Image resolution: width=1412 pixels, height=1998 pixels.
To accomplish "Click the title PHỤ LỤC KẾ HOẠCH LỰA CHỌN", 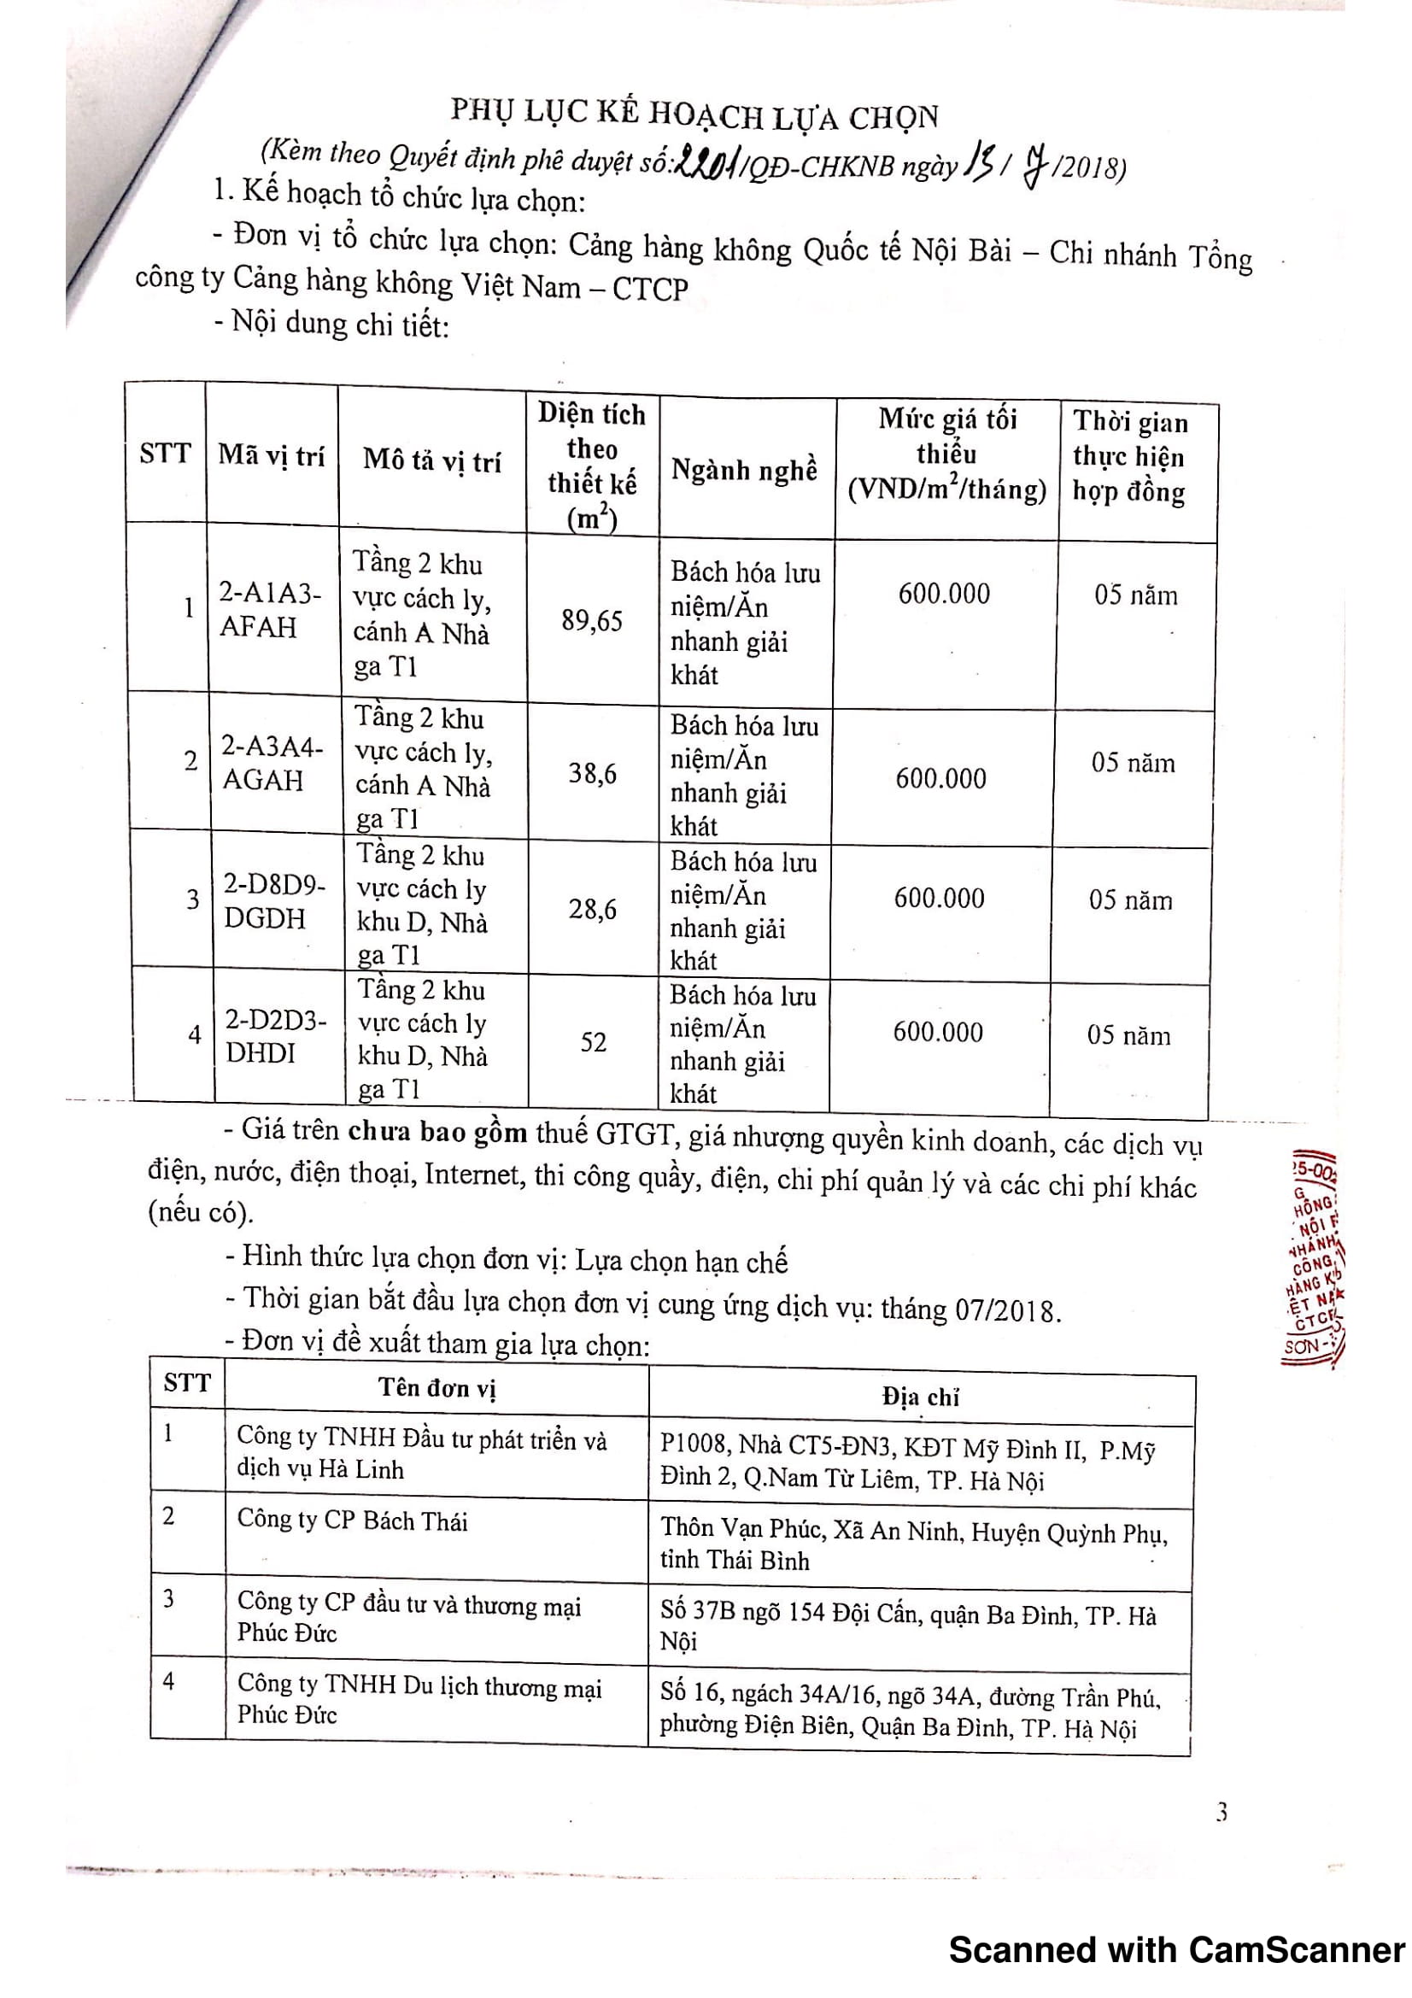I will (x=695, y=114).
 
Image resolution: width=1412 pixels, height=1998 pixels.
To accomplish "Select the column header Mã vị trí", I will (x=272, y=454).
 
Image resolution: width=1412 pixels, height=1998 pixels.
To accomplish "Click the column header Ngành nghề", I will (x=744, y=470).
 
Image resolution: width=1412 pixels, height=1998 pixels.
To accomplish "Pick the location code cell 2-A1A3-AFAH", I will (x=270, y=610).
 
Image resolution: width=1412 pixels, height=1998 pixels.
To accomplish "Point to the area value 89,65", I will (x=592, y=620).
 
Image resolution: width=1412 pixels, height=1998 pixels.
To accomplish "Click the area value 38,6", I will (x=593, y=773).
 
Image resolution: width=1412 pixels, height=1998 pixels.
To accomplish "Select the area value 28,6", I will (x=593, y=910).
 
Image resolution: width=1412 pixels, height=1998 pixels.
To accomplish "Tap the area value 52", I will (x=594, y=1041).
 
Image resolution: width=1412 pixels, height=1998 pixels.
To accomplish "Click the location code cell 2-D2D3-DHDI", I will (x=276, y=1036).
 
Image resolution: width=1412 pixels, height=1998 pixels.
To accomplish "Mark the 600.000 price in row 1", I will (x=944, y=595).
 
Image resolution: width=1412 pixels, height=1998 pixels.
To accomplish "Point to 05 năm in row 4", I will (x=1128, y=1035).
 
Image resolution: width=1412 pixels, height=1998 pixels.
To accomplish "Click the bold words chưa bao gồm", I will (x=437, y=1132).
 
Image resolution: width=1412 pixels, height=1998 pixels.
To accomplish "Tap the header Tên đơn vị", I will (x=436, y=1387).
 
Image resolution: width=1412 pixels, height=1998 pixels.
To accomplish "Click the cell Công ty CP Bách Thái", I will (x=352, y=1520).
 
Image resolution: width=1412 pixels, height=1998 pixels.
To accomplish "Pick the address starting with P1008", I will (x=907, y=1464).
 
